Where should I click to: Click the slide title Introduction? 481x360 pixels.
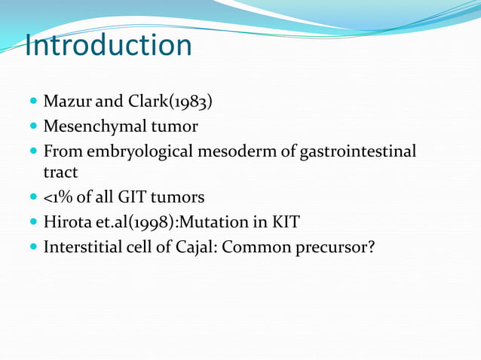pyautogui.click(x=108, y=45)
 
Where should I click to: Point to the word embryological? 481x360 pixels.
pyautogui.click(x=145, y=151)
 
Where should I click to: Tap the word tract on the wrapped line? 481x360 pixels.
pyautogui.click(x=60, y=172)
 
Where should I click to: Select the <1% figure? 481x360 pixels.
pyautogui.click(x=60, y=197)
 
